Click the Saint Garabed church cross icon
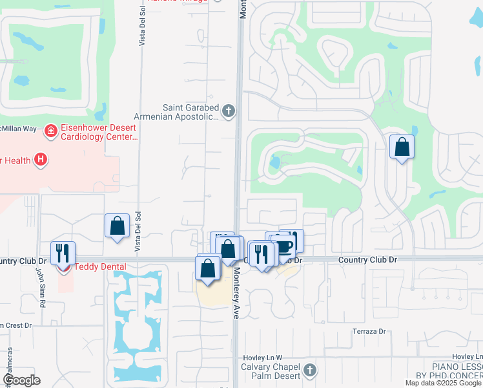click(227, 112)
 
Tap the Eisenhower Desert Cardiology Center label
click(99, 132)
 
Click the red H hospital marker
click(41, 159)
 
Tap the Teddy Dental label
click(100, 266)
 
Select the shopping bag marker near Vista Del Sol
click(117, 226)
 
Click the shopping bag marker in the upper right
click(402, 147)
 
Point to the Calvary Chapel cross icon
click(311, 370)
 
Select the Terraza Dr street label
click(369, 332)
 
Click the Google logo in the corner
click(21, 380)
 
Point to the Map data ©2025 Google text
click(443, 383)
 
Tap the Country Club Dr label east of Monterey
click(362, 259)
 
